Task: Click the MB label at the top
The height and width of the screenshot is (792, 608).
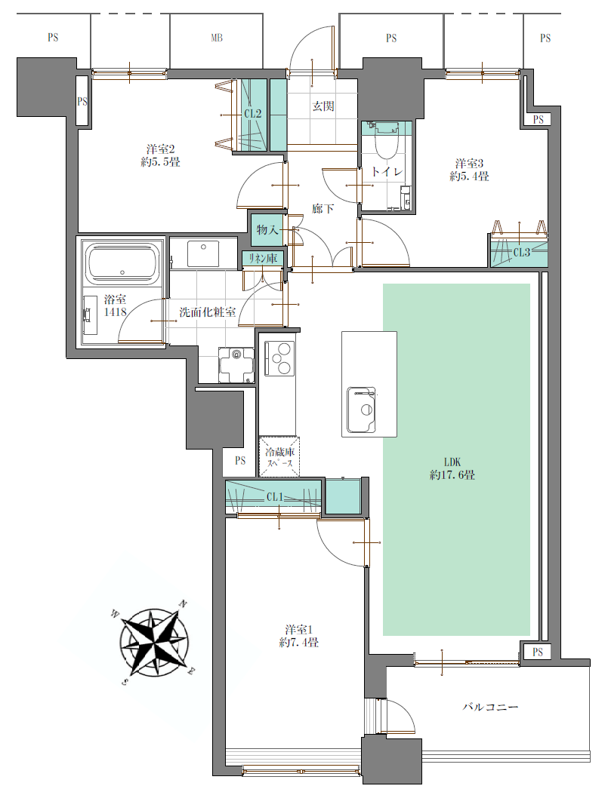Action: click(x=217, y=38)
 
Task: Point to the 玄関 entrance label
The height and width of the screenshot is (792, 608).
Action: click(x=323, y=106)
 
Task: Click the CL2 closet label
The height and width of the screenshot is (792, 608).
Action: click(x=252, y=114)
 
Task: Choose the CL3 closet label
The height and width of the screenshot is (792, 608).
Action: click(x=521, y=252)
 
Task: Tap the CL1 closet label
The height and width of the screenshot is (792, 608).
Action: click(x=275, y=497)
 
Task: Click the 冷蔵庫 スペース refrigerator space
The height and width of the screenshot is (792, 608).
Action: click(x=279, y=456)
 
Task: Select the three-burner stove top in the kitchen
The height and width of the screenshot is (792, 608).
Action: click(x=278, y=358)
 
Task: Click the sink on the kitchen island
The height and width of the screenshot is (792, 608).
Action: click(x=361, y=410)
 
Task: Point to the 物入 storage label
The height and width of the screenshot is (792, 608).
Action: click(x=267, y=230)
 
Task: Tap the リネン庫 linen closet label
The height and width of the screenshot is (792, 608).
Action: click(x=263, y=259)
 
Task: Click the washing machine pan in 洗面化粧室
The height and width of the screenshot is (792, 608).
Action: click(x=236, y=366)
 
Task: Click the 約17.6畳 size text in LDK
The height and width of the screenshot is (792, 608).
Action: click(x=452, y=475)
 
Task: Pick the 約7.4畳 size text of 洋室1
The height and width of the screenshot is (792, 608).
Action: click(x=299, y=643)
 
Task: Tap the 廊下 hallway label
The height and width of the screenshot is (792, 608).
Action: click(x=323, y=208)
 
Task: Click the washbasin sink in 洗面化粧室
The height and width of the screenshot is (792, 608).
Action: click(x=203, y=253)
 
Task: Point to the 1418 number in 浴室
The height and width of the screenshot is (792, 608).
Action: click(x=116, y=312)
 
